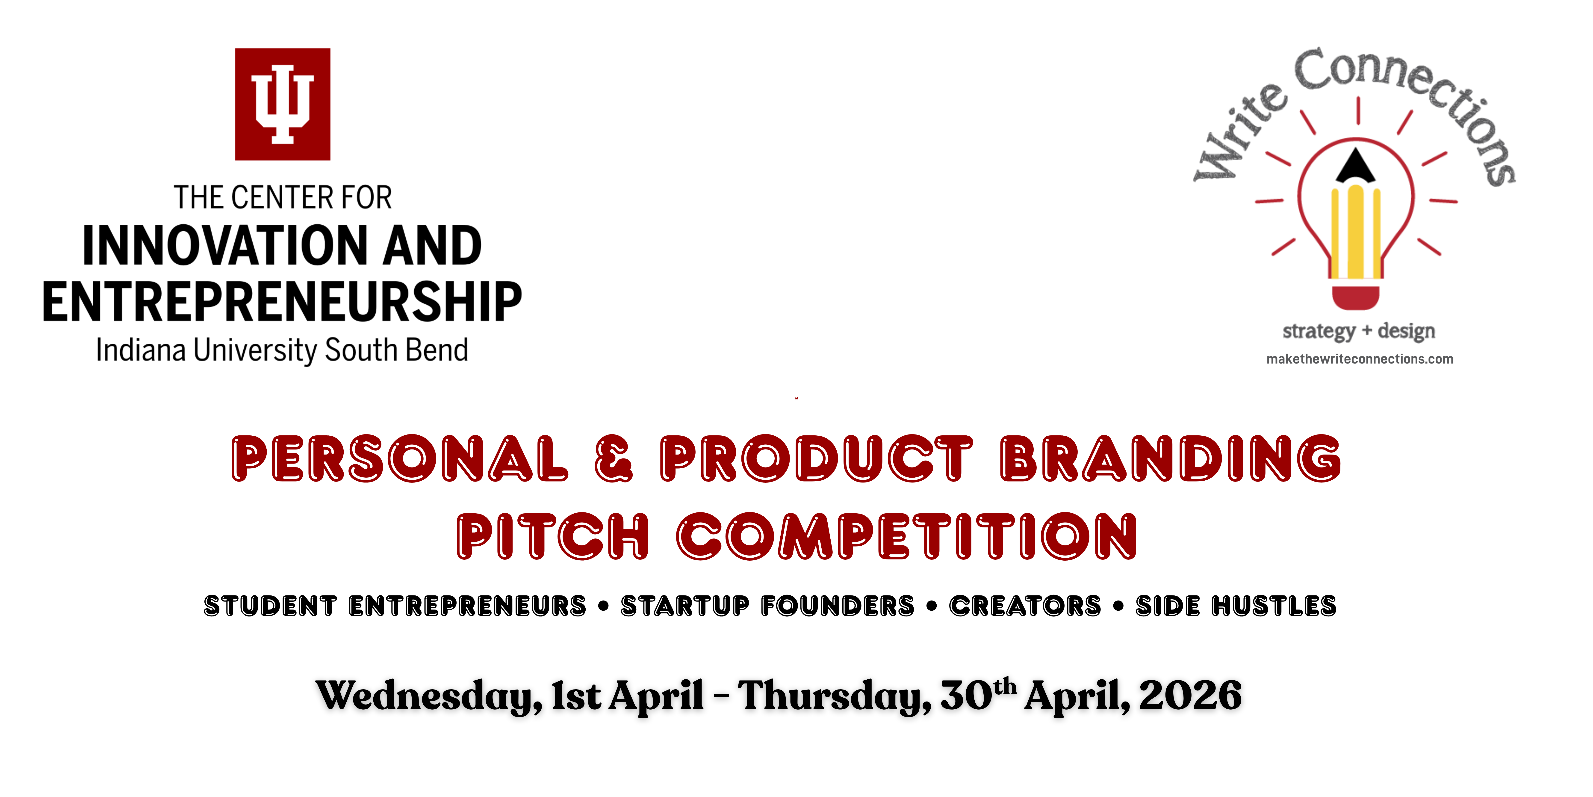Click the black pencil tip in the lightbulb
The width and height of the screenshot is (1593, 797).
pos(1356,166)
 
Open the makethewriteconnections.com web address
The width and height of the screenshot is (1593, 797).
pos(1359,359)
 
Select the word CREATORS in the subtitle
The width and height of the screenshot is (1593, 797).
pos(1025,606)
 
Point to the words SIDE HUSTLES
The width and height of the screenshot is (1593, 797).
pos(1236,606)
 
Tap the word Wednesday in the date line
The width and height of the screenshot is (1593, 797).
pos(428,696)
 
